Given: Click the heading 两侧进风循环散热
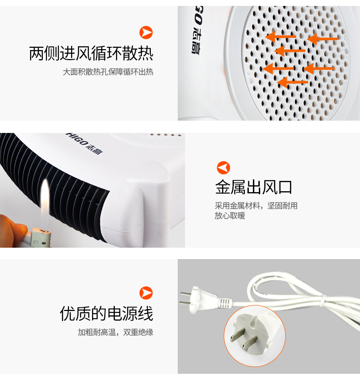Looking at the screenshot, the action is point(91,53).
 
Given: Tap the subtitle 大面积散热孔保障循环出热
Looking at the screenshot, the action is point(108,72).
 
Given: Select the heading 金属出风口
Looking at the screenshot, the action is point(254,187).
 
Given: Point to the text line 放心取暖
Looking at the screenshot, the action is point(230,216).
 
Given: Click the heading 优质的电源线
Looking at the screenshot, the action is point(106,314).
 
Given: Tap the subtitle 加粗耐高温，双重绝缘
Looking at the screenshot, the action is point(115,332).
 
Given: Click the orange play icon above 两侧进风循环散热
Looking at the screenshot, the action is point(146,32).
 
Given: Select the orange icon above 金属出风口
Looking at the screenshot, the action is point(224,168).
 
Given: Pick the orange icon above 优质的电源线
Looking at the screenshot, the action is point(146,293).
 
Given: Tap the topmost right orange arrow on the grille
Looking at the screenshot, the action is point(323,38).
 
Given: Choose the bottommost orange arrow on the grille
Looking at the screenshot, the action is point(293,82).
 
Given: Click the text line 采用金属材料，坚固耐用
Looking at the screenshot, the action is point(256,206).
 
